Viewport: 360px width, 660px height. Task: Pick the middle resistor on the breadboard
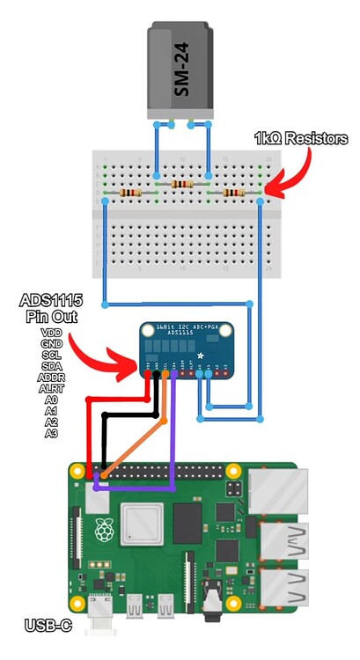click(182, 184)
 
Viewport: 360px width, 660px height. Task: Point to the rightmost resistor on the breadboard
click(233, 193)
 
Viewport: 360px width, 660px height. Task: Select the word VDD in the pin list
click(51, 332)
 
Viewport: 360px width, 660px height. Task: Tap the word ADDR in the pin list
click(51, 377)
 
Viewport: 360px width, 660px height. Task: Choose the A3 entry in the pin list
click(51, 433)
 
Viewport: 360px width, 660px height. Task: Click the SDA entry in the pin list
click(51, 365)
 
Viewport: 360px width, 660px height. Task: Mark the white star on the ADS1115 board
click(201, 354)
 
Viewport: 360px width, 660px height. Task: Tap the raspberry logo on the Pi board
click(105, 528)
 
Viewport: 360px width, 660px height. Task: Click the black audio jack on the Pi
click(212, 605)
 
